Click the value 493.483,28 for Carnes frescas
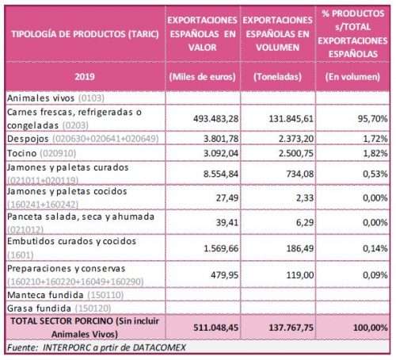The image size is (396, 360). click(215, 119)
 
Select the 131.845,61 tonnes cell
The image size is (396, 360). click(291, 119)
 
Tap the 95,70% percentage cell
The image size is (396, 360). click(372, 119)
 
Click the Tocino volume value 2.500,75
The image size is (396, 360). click(296, 153)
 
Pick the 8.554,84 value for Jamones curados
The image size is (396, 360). click(221, 174)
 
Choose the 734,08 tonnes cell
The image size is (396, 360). click(300, 174)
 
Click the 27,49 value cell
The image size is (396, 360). click(227, 197)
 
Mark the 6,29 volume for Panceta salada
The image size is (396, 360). click(305, 223)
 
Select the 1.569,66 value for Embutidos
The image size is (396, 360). click(221, 248)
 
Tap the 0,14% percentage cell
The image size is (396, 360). click(375, 248)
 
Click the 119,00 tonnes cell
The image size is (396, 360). click(300, 275)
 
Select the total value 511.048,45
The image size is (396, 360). click(215, 327)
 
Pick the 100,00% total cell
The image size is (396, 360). click(370, 327)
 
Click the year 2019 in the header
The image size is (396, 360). click(85, 77)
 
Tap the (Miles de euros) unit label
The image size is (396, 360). click(202, 77)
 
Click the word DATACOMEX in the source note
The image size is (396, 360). click(159, 347)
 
